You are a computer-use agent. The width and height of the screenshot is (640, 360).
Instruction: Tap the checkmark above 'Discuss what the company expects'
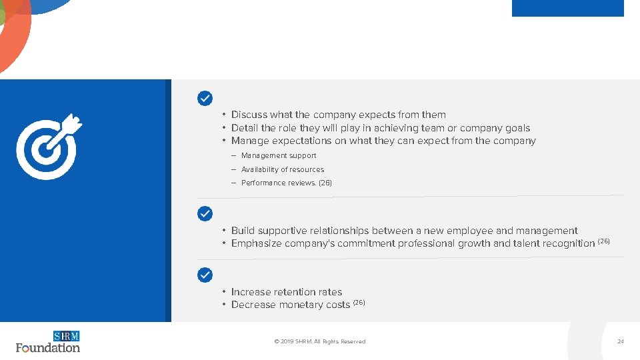click(205, 99)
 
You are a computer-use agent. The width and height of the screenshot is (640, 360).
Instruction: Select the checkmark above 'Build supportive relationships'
click(205, 214)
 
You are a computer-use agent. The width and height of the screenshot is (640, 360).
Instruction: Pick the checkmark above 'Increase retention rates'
click(205, 275)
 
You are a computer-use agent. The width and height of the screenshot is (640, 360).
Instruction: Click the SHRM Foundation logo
click(48, 341)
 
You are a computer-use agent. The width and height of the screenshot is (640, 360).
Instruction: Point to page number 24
click(620, 341)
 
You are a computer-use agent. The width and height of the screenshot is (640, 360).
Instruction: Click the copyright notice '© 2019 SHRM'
click(320, 341)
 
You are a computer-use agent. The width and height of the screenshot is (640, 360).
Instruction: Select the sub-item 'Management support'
click(279, 155)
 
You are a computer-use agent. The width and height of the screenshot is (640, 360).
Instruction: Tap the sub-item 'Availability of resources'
click(283, 169)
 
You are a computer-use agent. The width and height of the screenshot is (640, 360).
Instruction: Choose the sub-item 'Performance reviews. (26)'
click(286, 183)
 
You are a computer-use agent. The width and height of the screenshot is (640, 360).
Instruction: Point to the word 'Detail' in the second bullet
click(245, 128)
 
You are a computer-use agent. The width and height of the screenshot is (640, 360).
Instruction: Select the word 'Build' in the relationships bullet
click(243, 231)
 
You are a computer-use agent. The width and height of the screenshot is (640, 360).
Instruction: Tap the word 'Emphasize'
click(256, 243)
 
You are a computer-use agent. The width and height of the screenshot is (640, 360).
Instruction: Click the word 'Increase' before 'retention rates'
click(251, 292)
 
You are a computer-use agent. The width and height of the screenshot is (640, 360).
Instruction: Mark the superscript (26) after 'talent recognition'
click(603, 241)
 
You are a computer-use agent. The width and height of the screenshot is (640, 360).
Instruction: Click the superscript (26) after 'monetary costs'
click(359, 302)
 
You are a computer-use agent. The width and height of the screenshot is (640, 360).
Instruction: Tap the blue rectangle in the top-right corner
click(567, 8)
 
